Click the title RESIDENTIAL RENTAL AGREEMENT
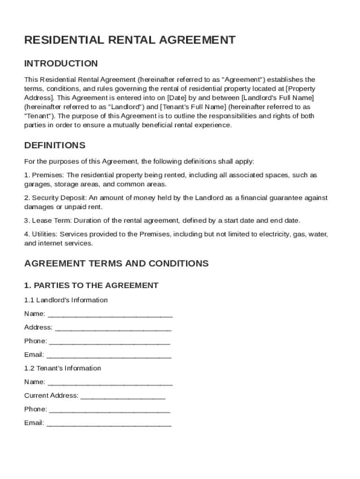[x=130, y=40]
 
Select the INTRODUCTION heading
[x=61, y=63]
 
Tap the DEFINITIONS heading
[x=55, y=145]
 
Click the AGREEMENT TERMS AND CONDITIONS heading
[x=116, y=263]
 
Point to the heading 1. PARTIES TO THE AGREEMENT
[x=91, y=285]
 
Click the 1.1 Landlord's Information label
[x=66, y=300]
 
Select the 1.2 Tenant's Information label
[x=63, y=368]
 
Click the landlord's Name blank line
[x=110, y=314]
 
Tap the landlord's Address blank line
[x=113, y=328]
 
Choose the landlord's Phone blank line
[x=109, y=341]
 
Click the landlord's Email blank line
[x=109, y=355]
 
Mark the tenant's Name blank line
[x=110, y=383]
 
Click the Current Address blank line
[x=123, y=396]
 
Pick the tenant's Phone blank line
[x=109, y=410]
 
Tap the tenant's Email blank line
[x=109, y=423]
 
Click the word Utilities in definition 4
[x=44, y=234]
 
